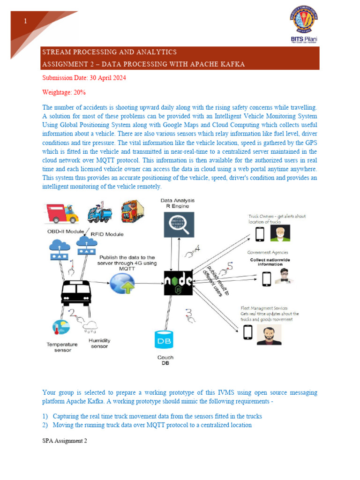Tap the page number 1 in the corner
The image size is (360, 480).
point(25,21)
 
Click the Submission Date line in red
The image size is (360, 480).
point(84,78)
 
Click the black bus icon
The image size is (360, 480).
point(75,293)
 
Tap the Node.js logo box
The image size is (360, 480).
point(178,283)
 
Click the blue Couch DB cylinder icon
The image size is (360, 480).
point(165,340)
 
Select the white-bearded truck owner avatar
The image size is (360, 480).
point(280,233)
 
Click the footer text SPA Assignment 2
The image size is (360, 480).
point(64,441)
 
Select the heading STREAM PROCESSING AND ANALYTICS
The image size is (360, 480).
point(109,52)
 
